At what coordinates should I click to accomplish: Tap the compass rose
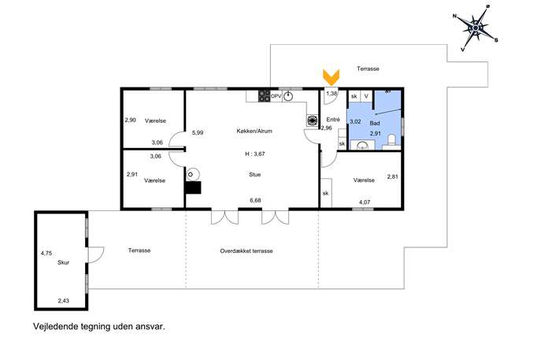point(476,28)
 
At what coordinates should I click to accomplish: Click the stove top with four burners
point(265,96)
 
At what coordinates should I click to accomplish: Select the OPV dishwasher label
point(276,96)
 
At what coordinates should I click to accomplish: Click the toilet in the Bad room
point(391,140)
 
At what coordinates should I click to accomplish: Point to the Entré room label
point(333,120)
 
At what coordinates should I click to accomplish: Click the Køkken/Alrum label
point(254,132)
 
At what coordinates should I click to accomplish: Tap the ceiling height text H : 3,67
point(255,154)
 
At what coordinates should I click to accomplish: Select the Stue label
point(255,175)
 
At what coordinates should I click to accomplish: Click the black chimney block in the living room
point(192,187)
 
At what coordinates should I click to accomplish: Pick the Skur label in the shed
point(64,262)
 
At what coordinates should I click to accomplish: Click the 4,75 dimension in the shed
point(46,254)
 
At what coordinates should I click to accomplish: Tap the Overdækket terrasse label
point(246,251)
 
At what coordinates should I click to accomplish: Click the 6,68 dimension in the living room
point(255,200)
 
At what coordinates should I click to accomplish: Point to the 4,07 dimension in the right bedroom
point(365,202)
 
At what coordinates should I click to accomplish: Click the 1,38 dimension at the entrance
point(332,93)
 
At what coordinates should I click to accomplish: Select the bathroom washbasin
point(362,145)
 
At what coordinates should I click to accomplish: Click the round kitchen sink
point(287,97)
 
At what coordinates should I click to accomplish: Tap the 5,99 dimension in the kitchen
point(198,132)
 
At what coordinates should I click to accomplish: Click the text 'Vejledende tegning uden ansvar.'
point(99,326)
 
